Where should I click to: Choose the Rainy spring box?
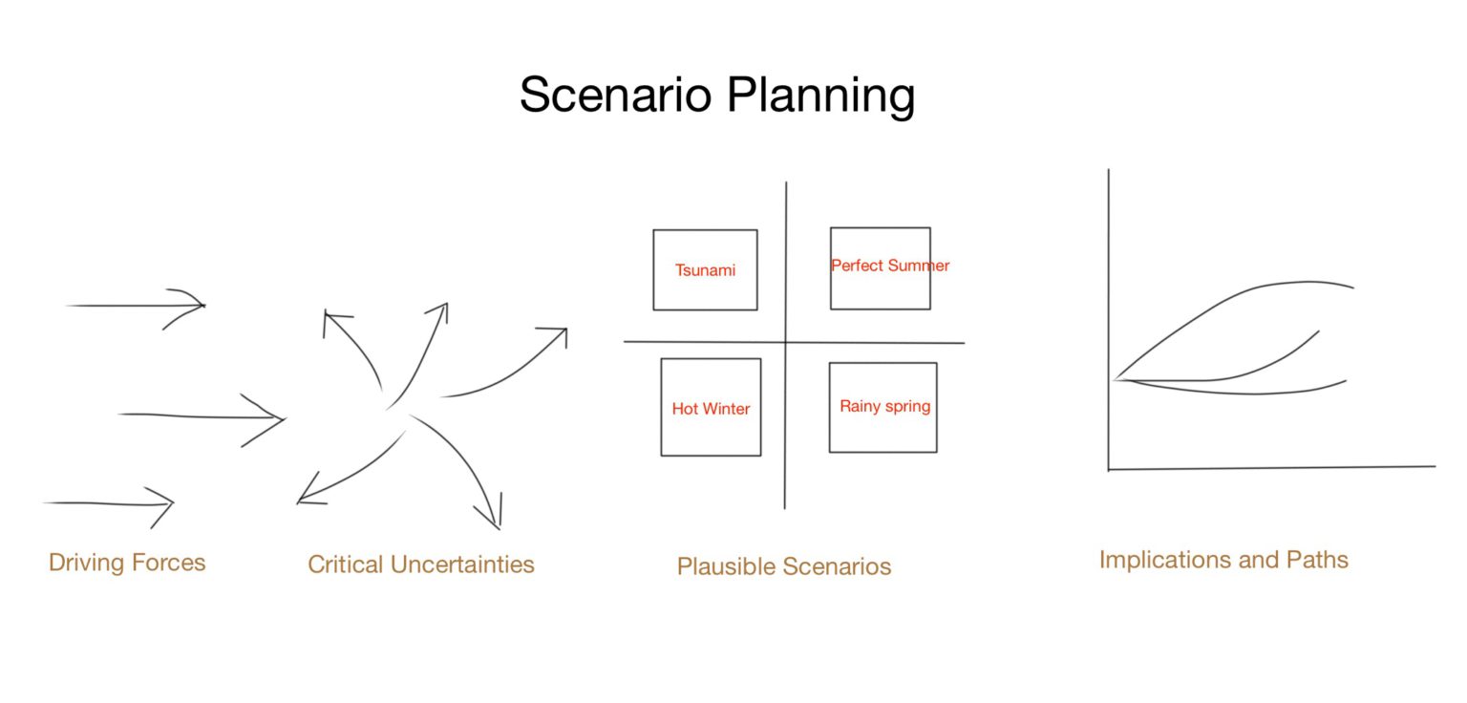[x=882, y=430]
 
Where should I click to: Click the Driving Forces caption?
[x=127, y=562]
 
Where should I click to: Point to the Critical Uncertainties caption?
[x=420, y=565]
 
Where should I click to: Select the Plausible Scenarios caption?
[x=783, y=566]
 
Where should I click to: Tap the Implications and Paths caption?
[x=1223, y=559]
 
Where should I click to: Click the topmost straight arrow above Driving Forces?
[x=134, y=306]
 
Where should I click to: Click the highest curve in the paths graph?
[x=1242, y=290]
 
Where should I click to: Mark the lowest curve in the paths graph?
[x=1242, y=393]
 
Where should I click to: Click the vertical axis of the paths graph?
[x=1109, y=287]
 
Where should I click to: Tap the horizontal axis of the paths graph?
[x=1270, y=468]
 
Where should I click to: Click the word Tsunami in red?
[x=705, y=270]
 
